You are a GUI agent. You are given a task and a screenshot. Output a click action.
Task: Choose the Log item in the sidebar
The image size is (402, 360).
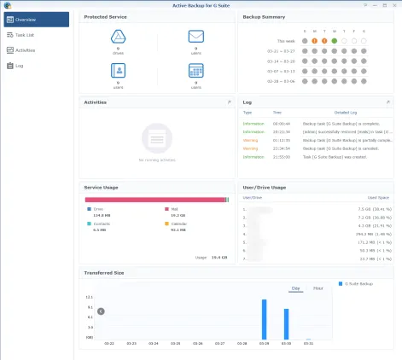pyautogui.click(x=18, y=64)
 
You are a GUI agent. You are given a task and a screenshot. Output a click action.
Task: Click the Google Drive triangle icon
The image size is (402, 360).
pyautogui.click(x=119, y=37)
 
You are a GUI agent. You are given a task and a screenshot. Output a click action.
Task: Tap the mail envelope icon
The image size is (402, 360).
pyautogui.click(x=195, y=37)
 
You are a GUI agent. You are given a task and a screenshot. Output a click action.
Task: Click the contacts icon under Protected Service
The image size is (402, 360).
pyautogui.click(x=119, y=72)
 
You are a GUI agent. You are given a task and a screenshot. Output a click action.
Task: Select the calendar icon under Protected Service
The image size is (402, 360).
pyautogui.click(x=195, y=72)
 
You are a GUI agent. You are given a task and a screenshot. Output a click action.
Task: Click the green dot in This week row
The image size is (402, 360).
pyautogui.click(x=335, y=40)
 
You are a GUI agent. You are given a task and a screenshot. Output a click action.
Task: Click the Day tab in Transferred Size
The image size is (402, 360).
pyautogui.click(x=295, y=288)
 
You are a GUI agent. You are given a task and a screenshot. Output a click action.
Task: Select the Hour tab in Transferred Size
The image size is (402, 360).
pyautogui.click(x=318, y=288)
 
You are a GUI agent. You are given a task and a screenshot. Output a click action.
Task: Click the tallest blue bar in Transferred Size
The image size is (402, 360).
pyautogui.click(x=264, y=319)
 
